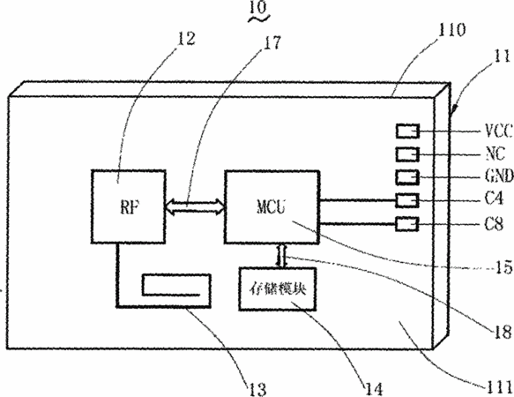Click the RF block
coord(128,206)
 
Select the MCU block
coord(272,207)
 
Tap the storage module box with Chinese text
coord(278,289)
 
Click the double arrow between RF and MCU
coord(195,206)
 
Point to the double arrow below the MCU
coord(282,256)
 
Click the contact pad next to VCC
coord(407,131)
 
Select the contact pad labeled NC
coord(407,154)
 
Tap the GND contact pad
coord(407,177)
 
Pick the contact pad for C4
coord(407,200)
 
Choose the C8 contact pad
coord(407,224)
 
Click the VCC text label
coord(498,131)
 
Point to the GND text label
coord(499,176)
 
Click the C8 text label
coord(494,224)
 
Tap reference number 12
coord(186,39)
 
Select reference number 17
coord(272,42)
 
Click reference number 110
coord(452,30)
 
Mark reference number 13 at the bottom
coord(257,389)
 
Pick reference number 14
coord(373,389)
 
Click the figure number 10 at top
coord(258,7)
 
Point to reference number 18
coord(503,332)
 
